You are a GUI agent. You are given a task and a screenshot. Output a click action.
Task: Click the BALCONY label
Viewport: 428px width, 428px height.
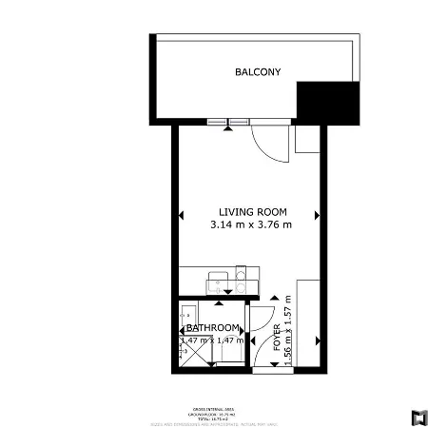click(x=258, y=72)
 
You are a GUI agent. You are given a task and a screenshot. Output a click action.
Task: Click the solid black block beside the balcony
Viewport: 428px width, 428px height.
click(x=329, y=102)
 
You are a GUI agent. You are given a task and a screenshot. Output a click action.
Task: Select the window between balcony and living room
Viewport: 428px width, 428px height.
click(x=227, y=121)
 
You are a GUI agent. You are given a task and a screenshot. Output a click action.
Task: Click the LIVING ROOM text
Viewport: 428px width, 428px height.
click(x=252, y=212)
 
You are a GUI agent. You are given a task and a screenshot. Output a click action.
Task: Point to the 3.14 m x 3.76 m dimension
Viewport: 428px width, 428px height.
click(x=251, y=225)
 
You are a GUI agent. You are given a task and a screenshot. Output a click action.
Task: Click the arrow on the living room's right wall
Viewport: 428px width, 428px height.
click(x=317, y=213)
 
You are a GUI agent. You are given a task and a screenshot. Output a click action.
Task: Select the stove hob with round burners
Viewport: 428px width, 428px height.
click(x=242, y=282)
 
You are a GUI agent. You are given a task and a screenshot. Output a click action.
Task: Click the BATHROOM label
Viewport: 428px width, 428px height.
click(x=212, y=328)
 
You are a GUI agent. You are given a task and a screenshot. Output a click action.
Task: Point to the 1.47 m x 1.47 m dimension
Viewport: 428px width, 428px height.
click(x=212, y=340)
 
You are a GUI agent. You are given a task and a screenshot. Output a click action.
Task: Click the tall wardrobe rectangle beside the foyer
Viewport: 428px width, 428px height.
click(x=309, y=323)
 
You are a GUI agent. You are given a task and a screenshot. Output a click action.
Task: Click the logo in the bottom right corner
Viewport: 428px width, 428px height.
click(x=416, y=416)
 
